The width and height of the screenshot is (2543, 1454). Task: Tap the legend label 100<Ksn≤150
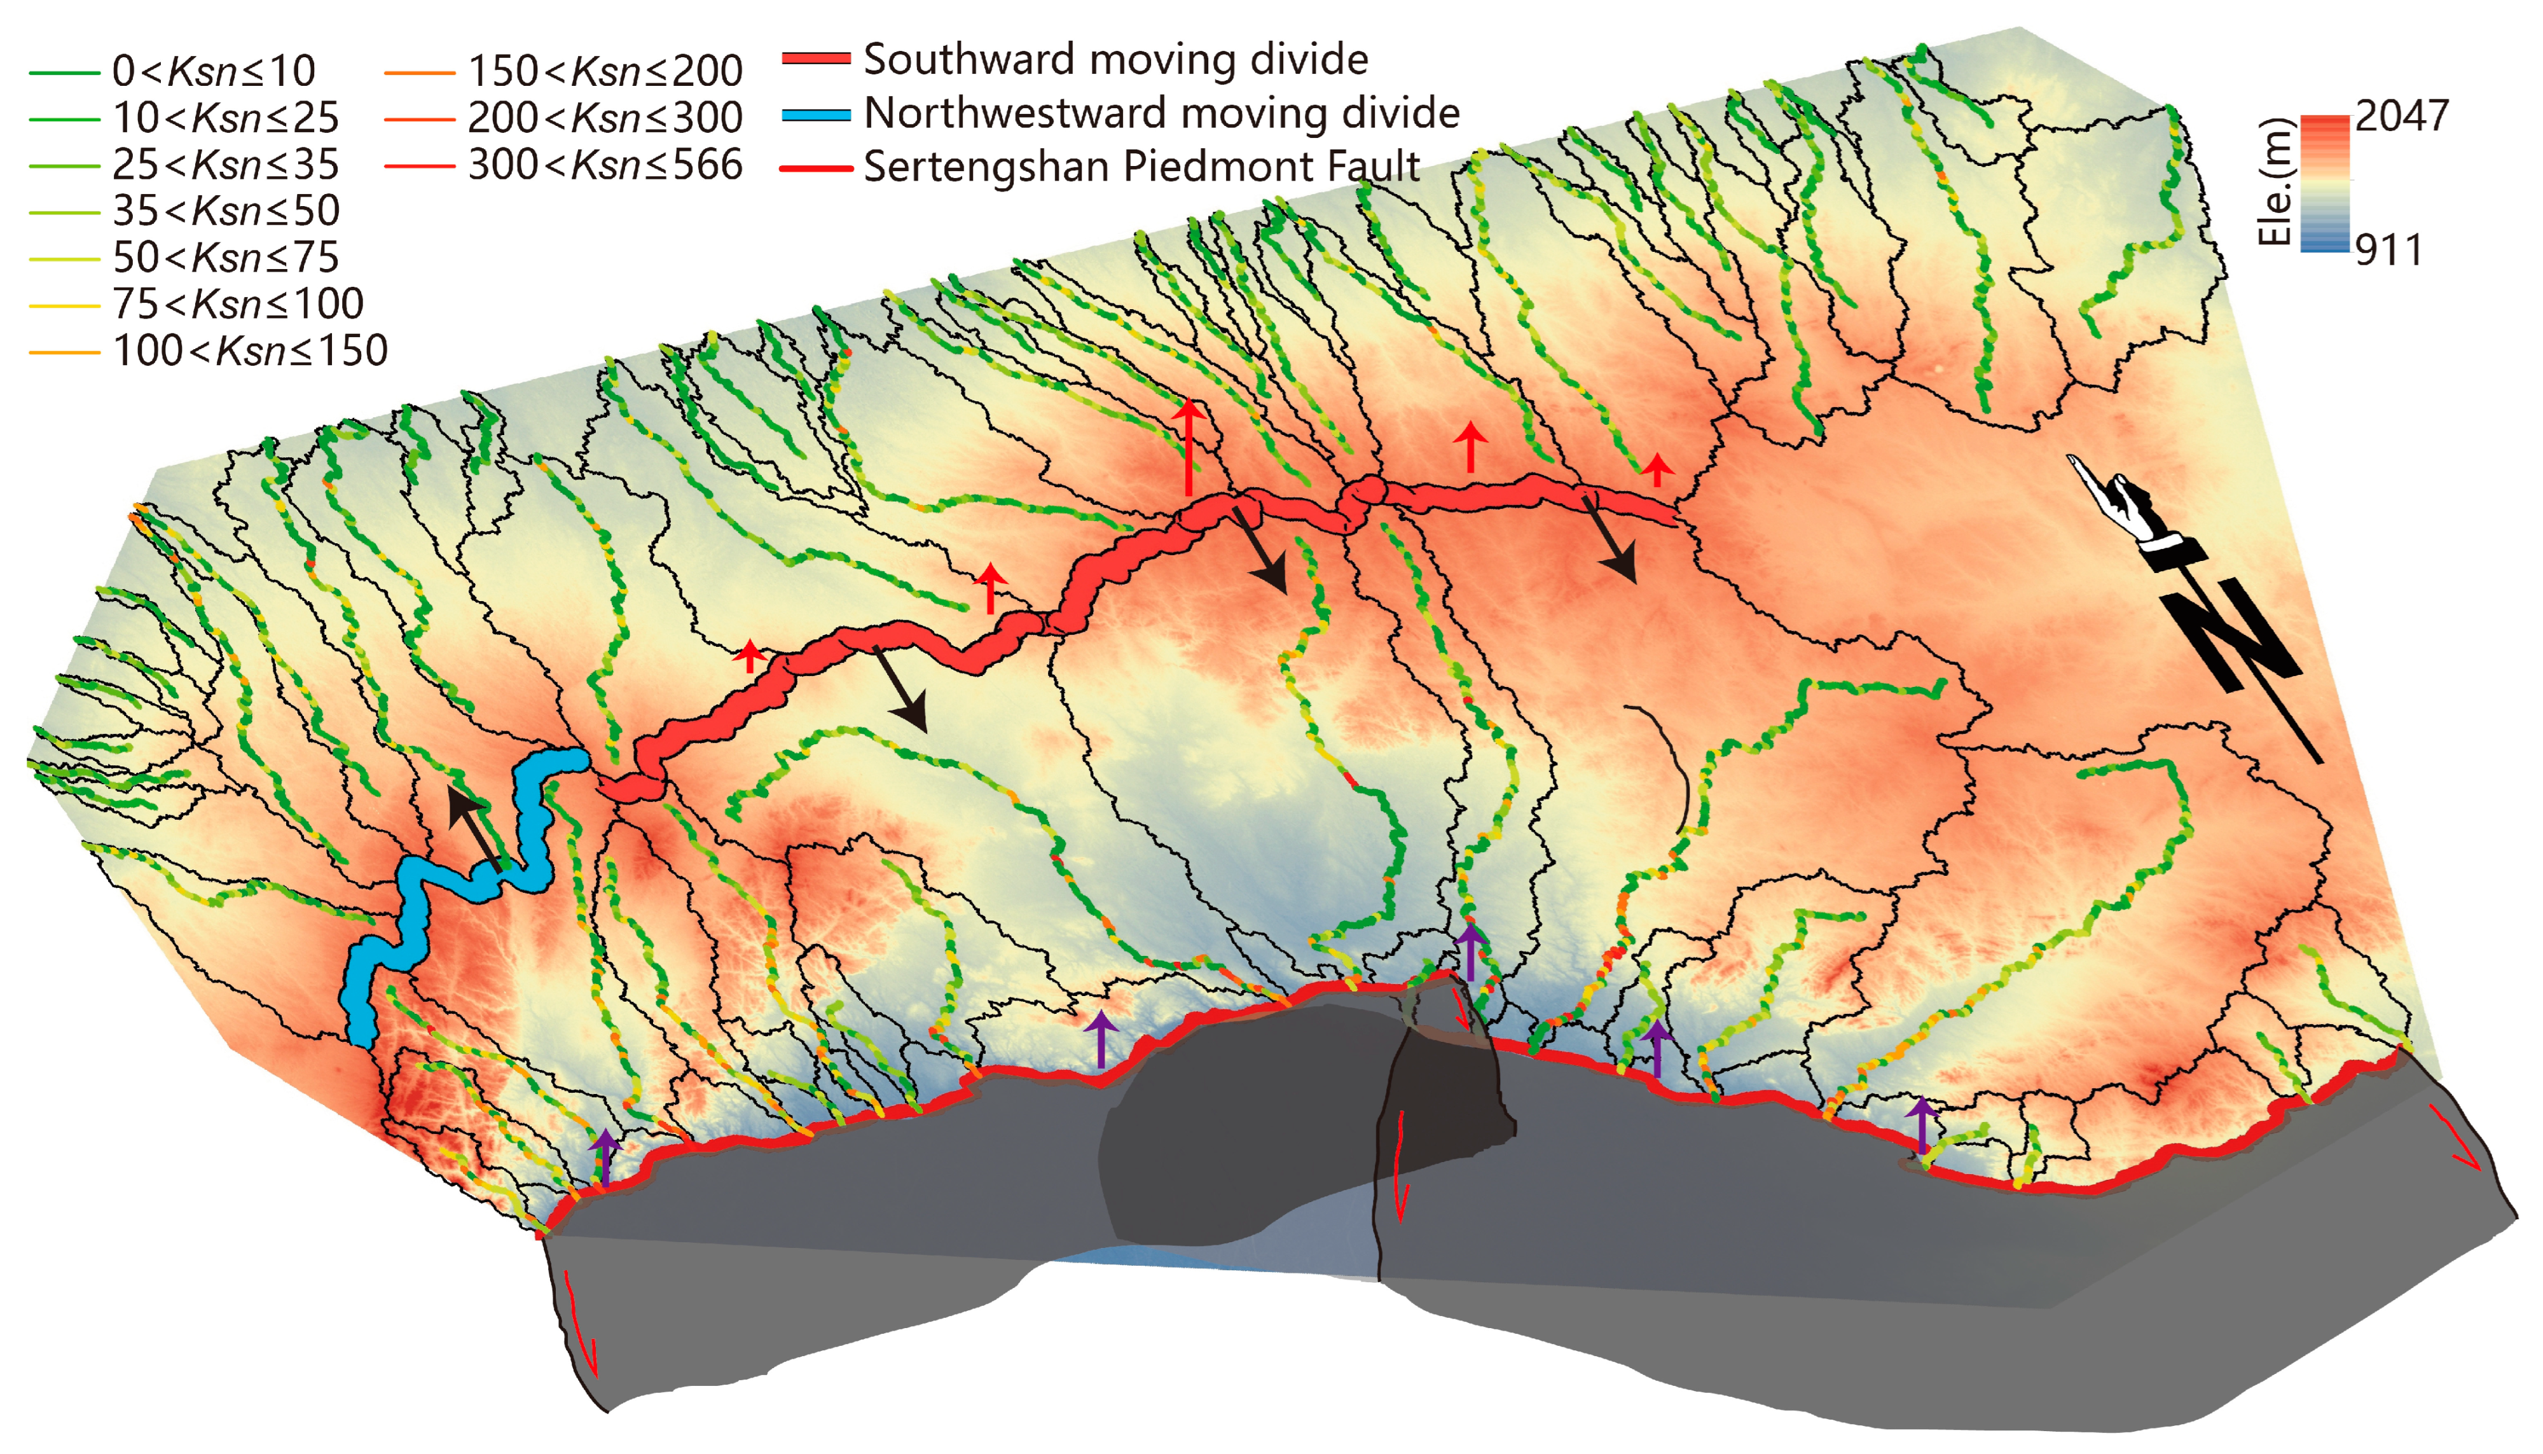pos(250,350)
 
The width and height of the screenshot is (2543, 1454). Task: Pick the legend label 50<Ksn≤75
pos(226,258)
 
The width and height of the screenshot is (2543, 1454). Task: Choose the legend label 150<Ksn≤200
pos(605,71)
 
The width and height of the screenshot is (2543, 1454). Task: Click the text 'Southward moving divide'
pos(1115,60)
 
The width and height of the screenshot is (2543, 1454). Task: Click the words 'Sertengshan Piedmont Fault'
pos(1141,167)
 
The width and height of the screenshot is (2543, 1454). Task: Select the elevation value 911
pos(2388,251)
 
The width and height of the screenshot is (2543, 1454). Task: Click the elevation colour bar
pos(2324,184)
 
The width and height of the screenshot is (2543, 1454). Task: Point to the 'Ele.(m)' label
pos(2275,182)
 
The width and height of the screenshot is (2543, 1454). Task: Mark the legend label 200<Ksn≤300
pos(605,118)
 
